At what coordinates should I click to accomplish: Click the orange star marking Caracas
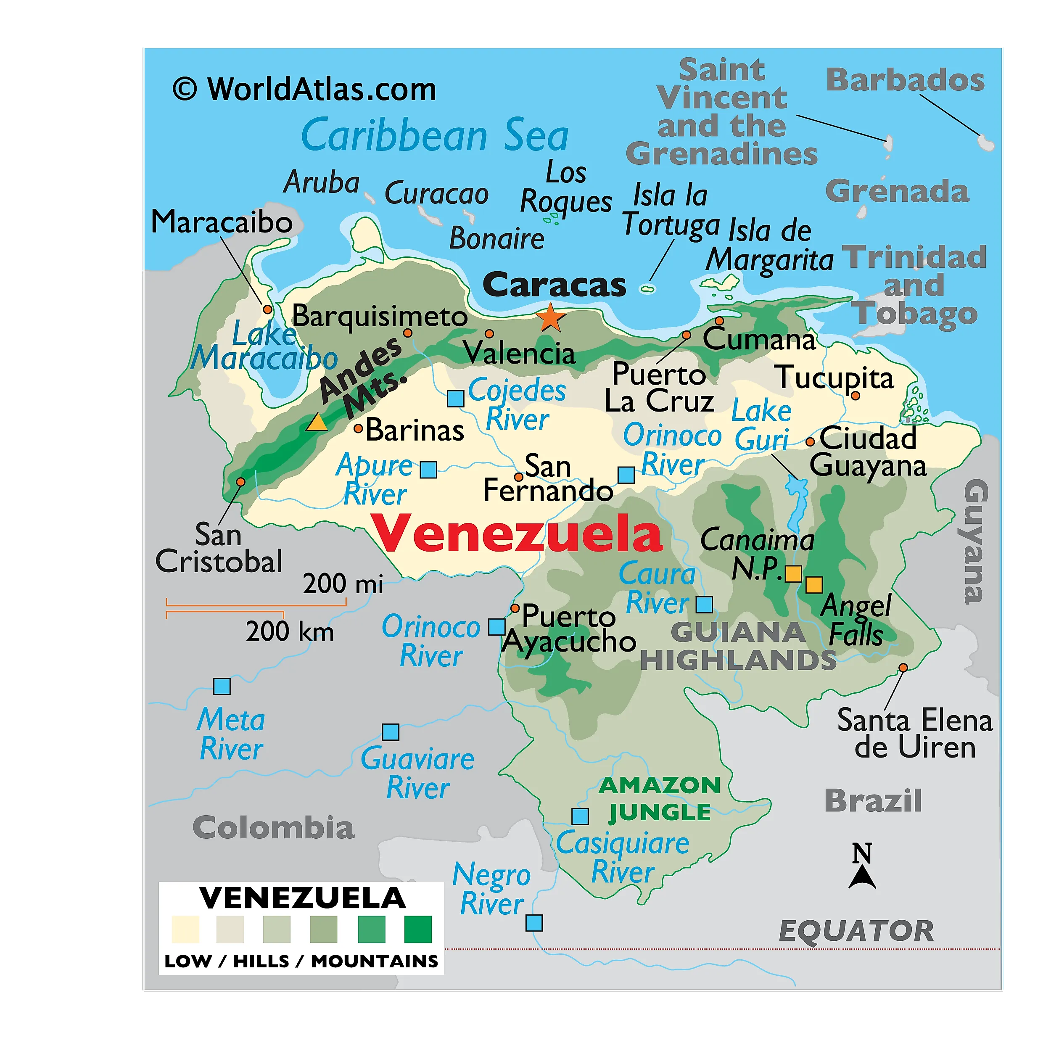pos(551,318)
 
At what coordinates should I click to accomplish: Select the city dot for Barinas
pos(358,429)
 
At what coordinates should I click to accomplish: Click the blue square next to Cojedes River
pos(455,398)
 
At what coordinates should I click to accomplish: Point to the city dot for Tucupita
pos(855,396)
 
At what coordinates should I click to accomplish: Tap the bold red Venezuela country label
pos(516,533)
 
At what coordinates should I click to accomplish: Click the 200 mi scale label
pos(343,584)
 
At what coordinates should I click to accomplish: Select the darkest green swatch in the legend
pos(418,929)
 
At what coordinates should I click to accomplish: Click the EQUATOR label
pos(856,931)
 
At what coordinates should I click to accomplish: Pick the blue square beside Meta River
pos(222,687)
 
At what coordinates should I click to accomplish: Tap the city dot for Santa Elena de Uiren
pos(903,668)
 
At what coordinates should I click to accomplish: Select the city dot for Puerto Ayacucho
pos(515,607)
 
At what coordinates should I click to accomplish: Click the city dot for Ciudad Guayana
pos(810,442)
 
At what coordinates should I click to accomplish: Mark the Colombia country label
pos(273,828)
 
